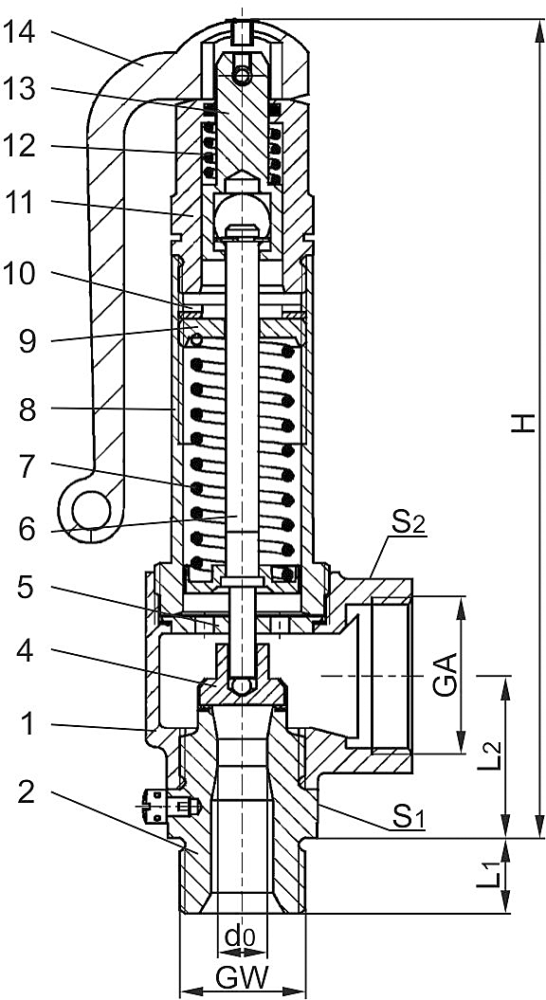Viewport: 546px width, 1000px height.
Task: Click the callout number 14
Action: (x=27, y=32)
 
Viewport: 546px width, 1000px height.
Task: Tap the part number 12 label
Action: (x=27, y=147)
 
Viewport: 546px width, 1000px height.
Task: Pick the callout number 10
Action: (x=27, y=275)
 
